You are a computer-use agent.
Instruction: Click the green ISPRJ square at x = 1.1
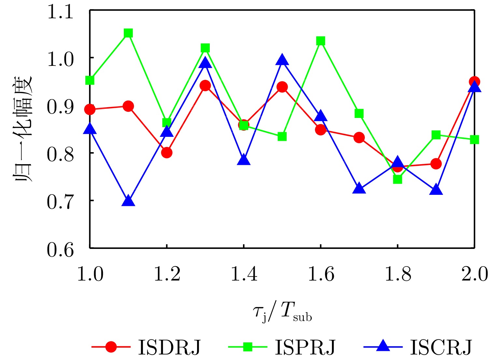pos(128,33)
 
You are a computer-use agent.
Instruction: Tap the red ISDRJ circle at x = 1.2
pos(166,152)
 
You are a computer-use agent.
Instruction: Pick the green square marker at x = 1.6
pos(321,41)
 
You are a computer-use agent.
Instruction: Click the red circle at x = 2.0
pos(474,81)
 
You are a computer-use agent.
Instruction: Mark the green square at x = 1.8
pos(397,179)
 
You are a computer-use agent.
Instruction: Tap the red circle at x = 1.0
pos(90,109)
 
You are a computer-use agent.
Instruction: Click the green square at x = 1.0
pos(90,80)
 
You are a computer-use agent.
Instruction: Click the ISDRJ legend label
pos(169,347)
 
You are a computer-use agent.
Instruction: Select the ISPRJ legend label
pos(305,347)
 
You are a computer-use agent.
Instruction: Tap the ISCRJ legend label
pos(441,347)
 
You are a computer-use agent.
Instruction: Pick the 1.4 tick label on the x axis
pos(244,274)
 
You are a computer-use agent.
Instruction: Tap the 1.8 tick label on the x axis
pos(397,274)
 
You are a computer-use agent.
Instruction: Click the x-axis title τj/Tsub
pos(282,312)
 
